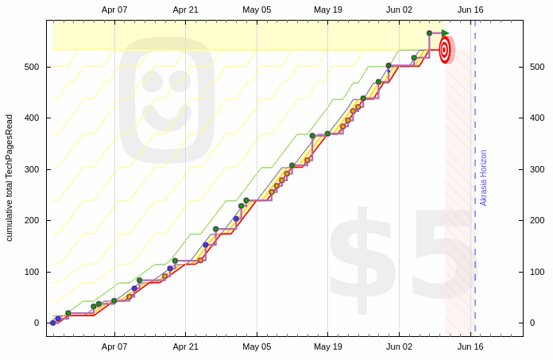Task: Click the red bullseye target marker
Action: (x=445, y=50)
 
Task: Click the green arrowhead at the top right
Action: (x=446, y=33)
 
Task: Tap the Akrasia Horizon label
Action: (x=484, y=178)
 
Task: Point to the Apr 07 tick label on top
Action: (x=114, y=10)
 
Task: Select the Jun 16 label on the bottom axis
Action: (x=470, y=346)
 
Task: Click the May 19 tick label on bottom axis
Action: (x=327, y=346)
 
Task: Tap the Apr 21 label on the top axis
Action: (x=185, y=10)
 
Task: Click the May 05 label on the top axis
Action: (x=257, y=10)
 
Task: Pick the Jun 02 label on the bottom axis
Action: (x=399, y=346)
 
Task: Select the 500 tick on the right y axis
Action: (x=537, y=67)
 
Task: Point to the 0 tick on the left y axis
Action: (x=36, y=323)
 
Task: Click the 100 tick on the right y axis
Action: (x=537, y=272)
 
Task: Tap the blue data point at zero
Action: (x=53, y=323)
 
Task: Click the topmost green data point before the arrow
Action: (x=429, y=33)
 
